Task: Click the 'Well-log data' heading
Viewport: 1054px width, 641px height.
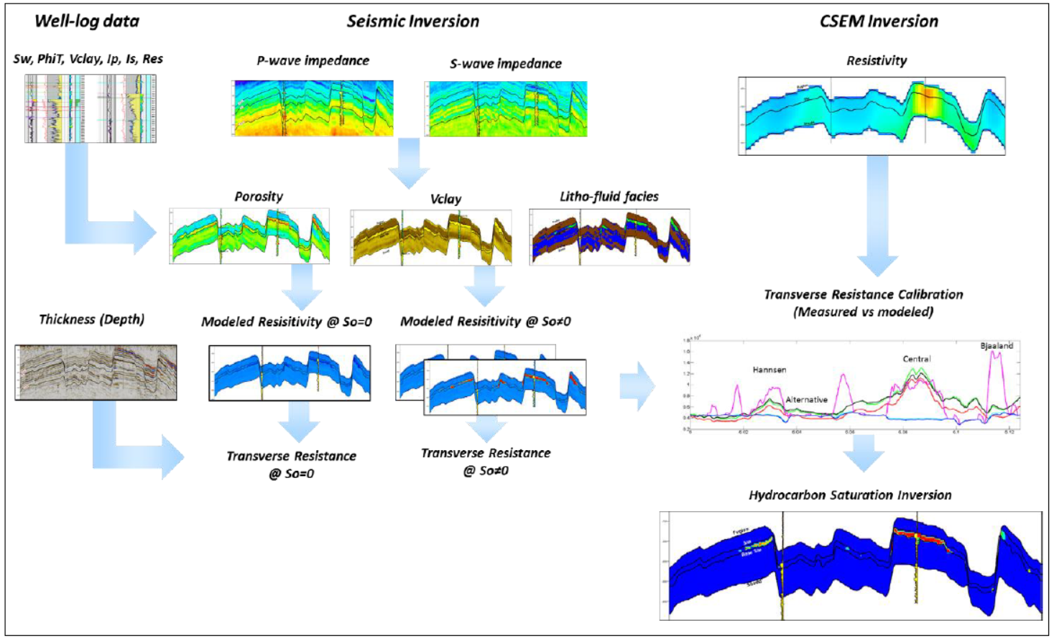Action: (87, 21)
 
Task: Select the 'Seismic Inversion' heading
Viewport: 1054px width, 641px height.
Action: (413, 22)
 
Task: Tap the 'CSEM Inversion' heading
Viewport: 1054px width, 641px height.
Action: (879, 22)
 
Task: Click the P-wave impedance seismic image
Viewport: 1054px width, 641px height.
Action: (313, 108)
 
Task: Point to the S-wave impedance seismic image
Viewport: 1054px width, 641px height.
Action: (507, 109)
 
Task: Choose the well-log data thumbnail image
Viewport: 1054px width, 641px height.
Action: (90, 108)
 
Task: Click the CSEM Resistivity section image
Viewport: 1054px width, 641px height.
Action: (872, 116)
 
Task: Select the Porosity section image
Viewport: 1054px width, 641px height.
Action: (249, 236)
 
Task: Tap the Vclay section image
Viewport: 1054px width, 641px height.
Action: (431, 238)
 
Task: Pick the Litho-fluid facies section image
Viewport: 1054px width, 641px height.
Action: (609, 237)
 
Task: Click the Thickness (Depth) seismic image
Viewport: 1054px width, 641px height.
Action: (96, 372)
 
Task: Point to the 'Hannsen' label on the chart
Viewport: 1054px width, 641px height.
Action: (769, 370)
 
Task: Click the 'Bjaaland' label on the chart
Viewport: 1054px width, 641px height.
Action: (997, 346)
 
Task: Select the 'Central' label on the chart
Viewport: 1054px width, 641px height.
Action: (917, 359)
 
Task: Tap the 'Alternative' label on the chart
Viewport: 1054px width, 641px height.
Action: (806, 400)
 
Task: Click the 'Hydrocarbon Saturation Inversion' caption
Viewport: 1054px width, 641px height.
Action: (850, 495)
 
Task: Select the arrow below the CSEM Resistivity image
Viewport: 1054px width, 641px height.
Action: (877, 215)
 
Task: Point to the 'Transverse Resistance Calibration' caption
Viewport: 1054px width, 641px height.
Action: (863, 295)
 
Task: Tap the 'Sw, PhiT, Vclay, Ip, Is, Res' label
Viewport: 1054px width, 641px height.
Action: (88, 59)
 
